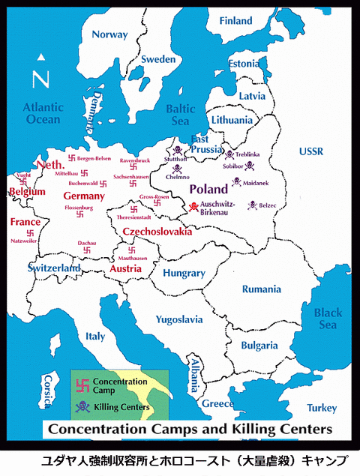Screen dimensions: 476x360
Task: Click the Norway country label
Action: (109, 34)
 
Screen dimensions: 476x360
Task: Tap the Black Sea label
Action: (328, 319)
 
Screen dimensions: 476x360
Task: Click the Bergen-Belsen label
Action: (94, 158)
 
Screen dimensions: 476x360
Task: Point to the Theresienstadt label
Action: (135, 217)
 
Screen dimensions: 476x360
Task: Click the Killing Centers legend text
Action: (122, 407)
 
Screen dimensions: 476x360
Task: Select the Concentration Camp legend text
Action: (121, 386)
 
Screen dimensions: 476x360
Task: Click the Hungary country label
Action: (184, 274)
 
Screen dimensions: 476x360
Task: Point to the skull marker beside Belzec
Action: (253, 204)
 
